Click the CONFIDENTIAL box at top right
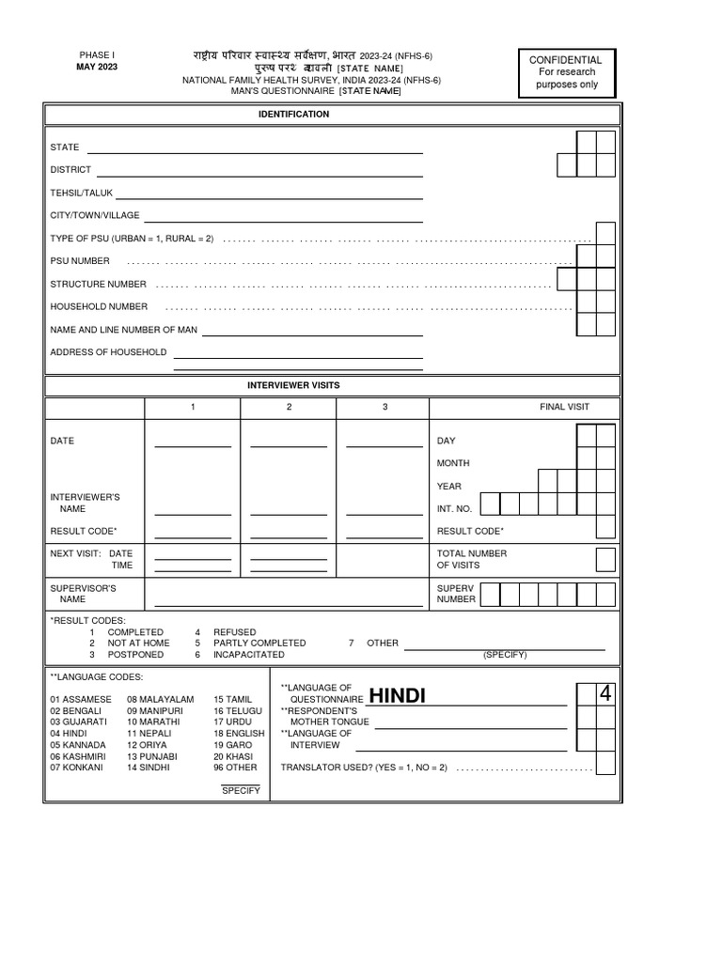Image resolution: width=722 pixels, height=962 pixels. click(567, 72)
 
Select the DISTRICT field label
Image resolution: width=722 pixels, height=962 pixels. click(71, 170)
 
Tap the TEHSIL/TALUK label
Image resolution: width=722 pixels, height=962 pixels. click(81, 193)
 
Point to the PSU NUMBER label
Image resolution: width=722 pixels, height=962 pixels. click(80, 261)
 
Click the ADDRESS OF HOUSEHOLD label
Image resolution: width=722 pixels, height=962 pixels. click(108, 352)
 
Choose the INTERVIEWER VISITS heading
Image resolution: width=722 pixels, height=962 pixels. click(293, 385)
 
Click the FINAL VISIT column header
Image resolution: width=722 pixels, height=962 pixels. click(564, 407)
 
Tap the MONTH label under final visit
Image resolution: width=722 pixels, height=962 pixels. click(453, 463)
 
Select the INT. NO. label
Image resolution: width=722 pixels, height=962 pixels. click(455, 508)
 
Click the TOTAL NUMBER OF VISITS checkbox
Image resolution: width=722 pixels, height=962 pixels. click(606, 560)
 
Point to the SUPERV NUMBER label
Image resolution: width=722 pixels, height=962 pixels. click(457, 594)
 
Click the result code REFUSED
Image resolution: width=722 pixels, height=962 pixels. click(234, 632)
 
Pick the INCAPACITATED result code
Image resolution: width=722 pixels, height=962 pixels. click(248, 655)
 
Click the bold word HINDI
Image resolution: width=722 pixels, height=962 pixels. click(397, 696)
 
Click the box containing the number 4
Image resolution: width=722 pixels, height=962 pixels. click(605, 695)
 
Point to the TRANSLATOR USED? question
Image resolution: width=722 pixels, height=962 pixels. click(364, 768)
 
